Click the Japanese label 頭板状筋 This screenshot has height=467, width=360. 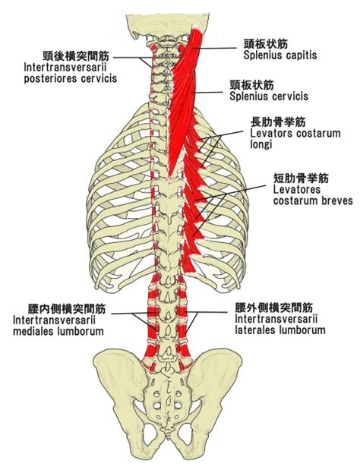[x=266, y=44]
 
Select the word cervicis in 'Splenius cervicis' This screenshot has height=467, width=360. [x=290, y=96]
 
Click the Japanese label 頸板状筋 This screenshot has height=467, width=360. [x=251, y=85]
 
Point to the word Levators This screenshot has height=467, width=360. [x=271, y=133]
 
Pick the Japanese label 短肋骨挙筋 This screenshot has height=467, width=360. [x=301, y=178]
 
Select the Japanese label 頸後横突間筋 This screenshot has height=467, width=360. [x=76, y=55]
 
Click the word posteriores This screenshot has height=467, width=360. [x=49, y=78]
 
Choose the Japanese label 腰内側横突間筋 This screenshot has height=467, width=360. [x=67, y=309]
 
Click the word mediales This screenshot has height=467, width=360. [x=32, y=331]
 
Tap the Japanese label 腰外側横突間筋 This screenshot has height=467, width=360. [x=274, y=308]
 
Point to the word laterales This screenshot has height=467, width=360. [x=254, y=330]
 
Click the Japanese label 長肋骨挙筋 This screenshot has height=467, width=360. [x=278, y=121]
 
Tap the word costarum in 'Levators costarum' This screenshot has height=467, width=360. [x=317, y=133]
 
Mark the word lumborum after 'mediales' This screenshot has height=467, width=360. [x=79, y=331]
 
